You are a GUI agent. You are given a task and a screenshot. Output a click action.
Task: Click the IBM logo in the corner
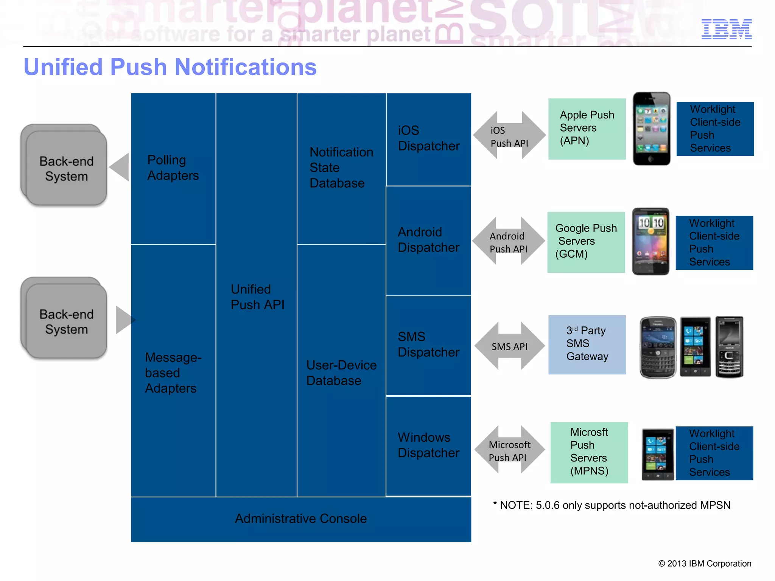point(726,29)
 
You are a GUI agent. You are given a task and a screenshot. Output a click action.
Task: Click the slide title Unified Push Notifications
point(170,67)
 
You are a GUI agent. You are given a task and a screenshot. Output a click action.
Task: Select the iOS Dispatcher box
point(428,139)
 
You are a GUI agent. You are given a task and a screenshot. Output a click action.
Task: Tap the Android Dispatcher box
point(428,240)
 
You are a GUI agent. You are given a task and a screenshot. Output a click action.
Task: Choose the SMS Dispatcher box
point(428,345)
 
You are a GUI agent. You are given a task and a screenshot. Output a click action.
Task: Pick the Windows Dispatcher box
point(428,446)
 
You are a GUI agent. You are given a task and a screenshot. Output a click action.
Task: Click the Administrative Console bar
point(301,519)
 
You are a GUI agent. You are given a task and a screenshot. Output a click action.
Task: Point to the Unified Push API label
point(257,297)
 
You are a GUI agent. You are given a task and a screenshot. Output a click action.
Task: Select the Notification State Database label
point(341,168)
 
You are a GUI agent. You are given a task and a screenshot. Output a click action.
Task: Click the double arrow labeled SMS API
point(509,346)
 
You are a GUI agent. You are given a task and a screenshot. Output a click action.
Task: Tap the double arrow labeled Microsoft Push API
point(509,450)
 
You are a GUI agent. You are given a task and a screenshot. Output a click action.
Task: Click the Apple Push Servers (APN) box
point(587,129)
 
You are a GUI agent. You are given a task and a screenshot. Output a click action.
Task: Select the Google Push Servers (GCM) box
point(586,242)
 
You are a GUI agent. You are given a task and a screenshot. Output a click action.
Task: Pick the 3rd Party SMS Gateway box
point(587,344)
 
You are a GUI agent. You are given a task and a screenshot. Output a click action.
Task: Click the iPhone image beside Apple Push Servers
point(651,129)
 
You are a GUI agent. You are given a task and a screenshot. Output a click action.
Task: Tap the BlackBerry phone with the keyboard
point(658,347)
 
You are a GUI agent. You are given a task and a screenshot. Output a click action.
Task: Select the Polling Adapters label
point(173,168)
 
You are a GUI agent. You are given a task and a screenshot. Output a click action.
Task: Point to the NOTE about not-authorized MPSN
point(612,505)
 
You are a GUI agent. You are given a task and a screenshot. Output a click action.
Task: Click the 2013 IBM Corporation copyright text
point(705,564)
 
